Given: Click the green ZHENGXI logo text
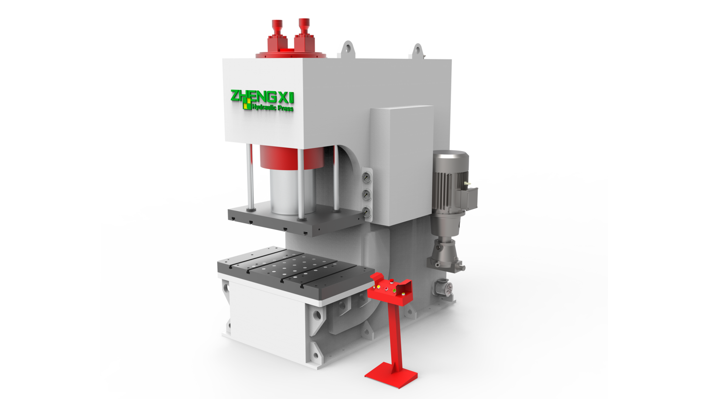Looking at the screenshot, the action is point(262,97).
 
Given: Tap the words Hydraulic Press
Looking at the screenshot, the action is point(273,107).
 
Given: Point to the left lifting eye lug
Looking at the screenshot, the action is point(347,50).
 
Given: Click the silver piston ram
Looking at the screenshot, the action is point(292,191).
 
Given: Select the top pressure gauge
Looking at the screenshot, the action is point(367,178).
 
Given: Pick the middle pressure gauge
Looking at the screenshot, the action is point(367,195).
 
